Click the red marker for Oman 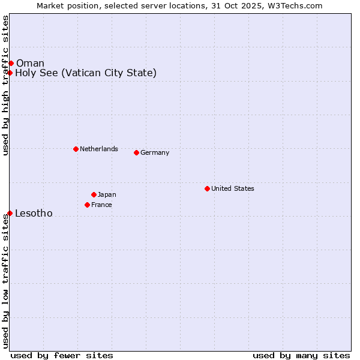point(11,63)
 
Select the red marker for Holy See point(10,73)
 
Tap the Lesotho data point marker point(10,213)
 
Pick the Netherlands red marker point(76,149)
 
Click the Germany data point point(136,152)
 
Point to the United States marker point(207,188)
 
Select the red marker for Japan point(94,194)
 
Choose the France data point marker point(87,205)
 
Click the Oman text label point(30,64)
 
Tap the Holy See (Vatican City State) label point(86,73)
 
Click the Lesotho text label point(34,214)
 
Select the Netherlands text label point(99,149)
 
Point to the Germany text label point(155,152)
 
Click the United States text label point(233,188)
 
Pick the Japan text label point(107,194)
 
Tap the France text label point(101,205)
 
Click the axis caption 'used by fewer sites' point(62,355)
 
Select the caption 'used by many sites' point(301,355)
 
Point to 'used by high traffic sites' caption point(5,85)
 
